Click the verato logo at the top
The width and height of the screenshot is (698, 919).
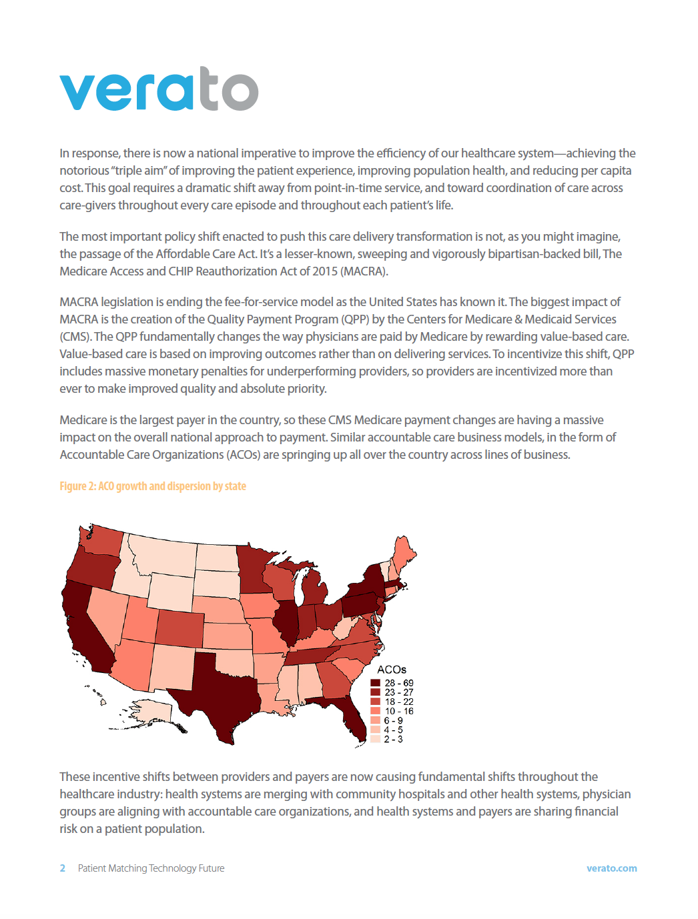[x=159, y=89]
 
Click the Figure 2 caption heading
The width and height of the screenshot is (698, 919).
[x=153, y=486]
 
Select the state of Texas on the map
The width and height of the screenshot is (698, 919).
[x=220, y=694]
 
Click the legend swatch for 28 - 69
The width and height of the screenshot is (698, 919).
[x=376, y=683]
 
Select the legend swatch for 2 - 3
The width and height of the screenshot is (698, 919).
[x=376, y=739]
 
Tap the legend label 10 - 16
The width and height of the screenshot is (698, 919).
[x=399, y=711]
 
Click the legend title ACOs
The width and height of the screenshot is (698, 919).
[x=392, y=670]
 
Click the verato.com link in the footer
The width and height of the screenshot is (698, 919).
[x=611, y=868]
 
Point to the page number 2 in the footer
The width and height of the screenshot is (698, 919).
[x=63, y=868]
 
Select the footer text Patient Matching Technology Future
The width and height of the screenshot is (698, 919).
[x=151, y=868]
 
